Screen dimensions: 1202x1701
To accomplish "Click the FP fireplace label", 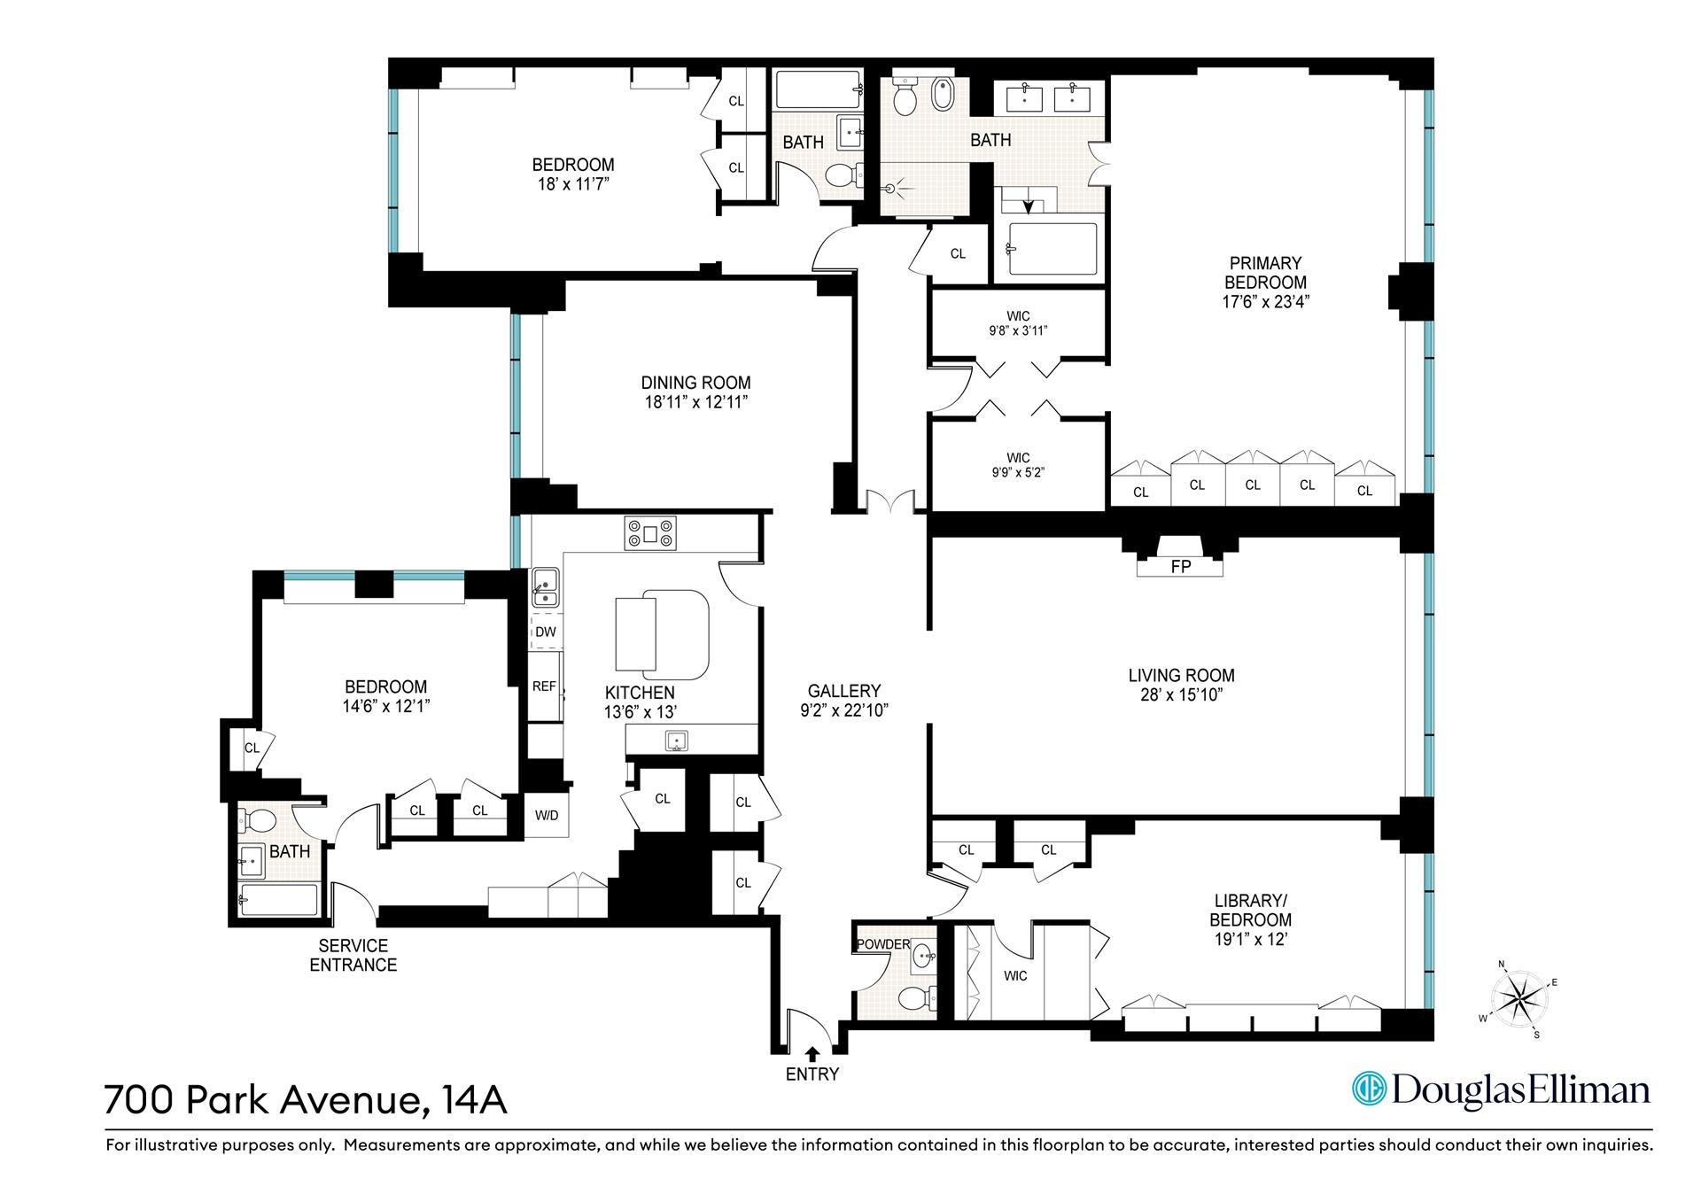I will coord(1180,567).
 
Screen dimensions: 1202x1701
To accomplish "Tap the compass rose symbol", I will coord(1519,997).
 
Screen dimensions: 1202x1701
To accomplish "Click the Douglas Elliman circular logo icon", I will coord(1368,1089).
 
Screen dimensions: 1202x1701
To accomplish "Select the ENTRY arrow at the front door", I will coord(812,1053).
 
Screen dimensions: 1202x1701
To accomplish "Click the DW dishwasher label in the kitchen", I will coord(546,632).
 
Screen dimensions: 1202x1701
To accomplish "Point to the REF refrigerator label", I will coord(544,686).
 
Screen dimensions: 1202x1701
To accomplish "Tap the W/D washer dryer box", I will coord(547,815).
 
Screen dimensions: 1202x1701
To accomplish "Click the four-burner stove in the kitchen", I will coord(650,533).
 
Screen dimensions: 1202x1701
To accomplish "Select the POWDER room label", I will coord(883,944).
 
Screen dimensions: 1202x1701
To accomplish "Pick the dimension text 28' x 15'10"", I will coord(1181,695).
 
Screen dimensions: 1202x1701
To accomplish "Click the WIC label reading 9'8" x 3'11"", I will coord(1018,324).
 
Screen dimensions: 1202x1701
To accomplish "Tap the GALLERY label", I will coord(843,691).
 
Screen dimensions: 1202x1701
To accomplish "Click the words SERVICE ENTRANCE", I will coord(353,956).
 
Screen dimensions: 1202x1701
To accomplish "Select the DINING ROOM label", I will coord(695,383).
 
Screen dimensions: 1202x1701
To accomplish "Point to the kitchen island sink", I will coord(678,741).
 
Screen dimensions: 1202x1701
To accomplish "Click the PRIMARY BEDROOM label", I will coord(1264,273).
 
